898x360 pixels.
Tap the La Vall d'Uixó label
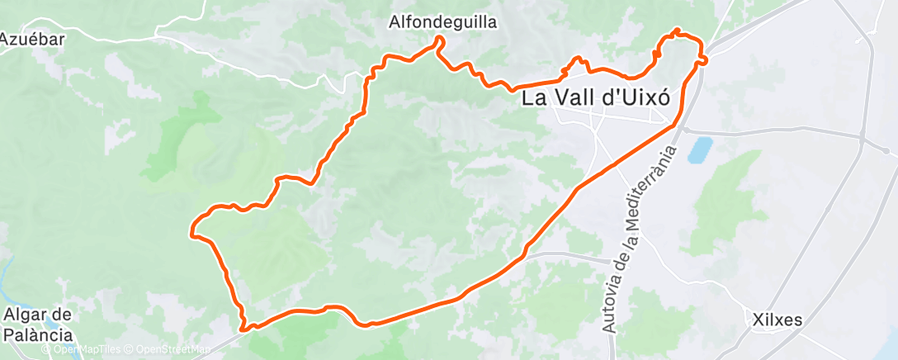(x=595, y=97)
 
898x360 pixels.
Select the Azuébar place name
(x=32, y=39)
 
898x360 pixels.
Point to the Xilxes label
(x=778, y=319)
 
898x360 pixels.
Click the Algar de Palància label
(x=38, y=324)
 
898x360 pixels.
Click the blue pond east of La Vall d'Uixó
(x=700, y=149)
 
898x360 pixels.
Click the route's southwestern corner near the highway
(x=244, y=327)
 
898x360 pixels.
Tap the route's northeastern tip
(x=678, y=31)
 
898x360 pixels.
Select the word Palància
(x=38, y=334)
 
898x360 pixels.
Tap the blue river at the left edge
(x=8, y=272)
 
